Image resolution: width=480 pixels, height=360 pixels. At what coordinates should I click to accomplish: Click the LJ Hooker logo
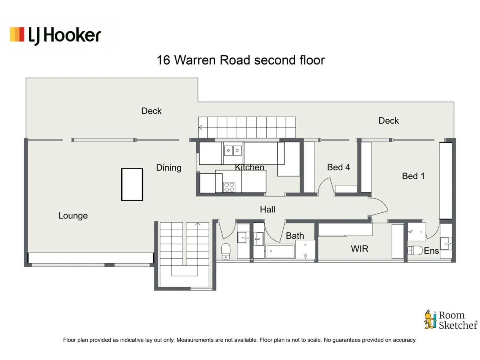pos(55,35)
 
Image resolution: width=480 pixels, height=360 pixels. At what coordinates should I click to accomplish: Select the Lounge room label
pos(73,216)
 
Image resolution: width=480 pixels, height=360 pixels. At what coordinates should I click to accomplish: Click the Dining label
pos(168,168)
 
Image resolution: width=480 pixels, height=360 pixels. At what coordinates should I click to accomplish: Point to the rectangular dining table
pos(132,184)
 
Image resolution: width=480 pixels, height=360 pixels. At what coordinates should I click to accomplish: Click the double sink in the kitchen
pos(232,150)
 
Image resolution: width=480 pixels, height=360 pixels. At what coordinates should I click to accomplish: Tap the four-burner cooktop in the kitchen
pos(229,187)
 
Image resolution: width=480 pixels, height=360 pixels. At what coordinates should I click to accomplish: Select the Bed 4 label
pos(338,167)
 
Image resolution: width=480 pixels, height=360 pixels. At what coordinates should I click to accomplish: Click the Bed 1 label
pos(413,176)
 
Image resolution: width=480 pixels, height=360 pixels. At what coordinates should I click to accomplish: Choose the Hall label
pos(267,209)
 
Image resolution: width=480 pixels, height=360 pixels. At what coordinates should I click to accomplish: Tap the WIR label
pos(359,249)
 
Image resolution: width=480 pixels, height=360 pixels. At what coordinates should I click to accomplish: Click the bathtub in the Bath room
pos(280,251)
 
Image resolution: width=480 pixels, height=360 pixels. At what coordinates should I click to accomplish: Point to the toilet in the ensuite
pos(415,250)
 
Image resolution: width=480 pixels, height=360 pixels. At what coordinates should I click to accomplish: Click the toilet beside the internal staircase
pos(226,250)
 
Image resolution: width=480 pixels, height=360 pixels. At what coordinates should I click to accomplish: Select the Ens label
pos(431,251)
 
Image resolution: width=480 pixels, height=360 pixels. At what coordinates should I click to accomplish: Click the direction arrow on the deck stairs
pos(201,128)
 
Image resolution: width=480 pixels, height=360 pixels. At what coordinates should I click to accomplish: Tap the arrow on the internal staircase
pos(198,224)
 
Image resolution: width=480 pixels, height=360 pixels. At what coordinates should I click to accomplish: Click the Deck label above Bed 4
pos(388,120)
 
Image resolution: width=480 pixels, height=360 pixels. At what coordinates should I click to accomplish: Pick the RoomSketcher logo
pos(450,320)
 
